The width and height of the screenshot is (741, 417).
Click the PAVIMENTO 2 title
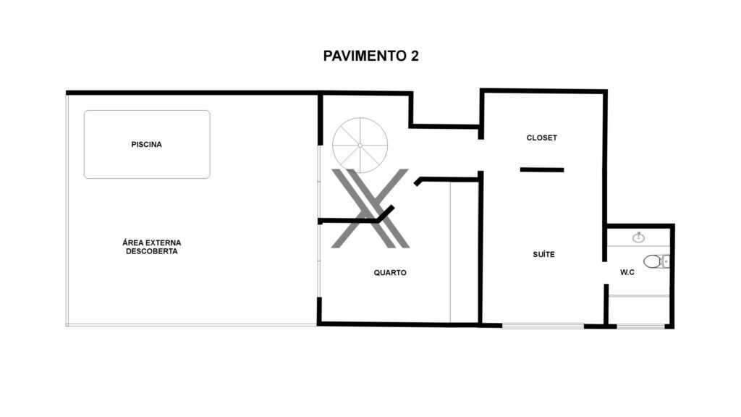click(x=370, y=56)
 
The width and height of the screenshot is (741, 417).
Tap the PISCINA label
click(x=146, y=144)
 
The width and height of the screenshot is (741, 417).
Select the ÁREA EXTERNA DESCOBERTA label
click(x=152, y=247)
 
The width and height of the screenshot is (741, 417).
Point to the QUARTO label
click(x=390, y=272)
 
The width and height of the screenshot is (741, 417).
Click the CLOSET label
click(x=541, y=138)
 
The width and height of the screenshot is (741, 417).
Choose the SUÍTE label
click(x=543, y=254)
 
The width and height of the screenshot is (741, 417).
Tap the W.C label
click(x=627, y=272)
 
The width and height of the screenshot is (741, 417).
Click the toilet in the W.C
click(x=656, y=261)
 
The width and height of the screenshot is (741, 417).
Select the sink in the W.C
click(x=638, y=237)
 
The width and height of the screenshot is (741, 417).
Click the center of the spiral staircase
click(x=360, y=145)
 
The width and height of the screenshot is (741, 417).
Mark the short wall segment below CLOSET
click(x=542, y=169)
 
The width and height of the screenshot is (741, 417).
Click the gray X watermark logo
click(x=370, y=208)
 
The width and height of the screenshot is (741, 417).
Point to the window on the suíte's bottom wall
click(x=543, y=326)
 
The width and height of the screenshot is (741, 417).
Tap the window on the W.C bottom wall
click(x=641, y=327)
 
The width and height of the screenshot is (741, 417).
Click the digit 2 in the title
click(x=415, y=56)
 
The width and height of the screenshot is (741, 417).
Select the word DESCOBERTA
click(x=152, y=251)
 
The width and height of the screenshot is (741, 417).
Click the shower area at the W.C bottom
click(x=638, y=310)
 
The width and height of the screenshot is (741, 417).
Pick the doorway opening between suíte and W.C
click(x=606, y=273)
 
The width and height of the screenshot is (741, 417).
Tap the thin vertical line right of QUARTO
click(x=450, y=253)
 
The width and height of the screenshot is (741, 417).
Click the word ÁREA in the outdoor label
click(x=133, y=242)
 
